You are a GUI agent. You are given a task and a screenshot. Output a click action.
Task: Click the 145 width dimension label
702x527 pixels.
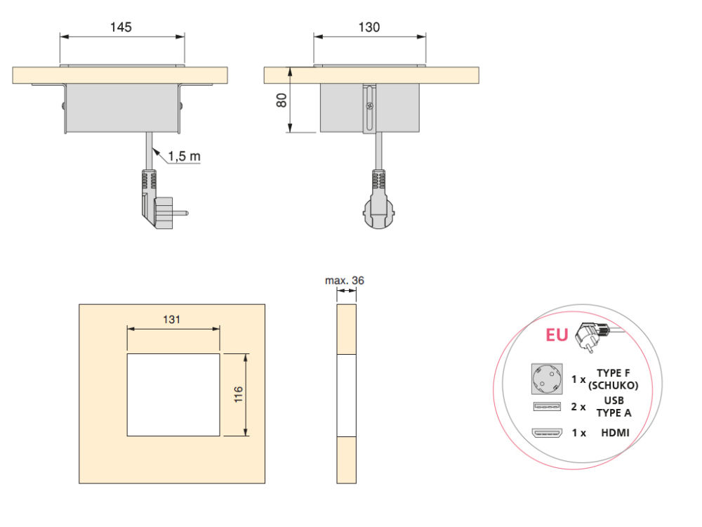(121, 27)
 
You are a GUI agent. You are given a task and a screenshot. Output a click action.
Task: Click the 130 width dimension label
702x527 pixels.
(369, 27)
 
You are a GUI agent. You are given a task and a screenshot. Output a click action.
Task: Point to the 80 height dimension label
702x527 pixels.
(282, 100)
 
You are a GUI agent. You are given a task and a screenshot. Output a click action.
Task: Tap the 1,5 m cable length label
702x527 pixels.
(184, 157)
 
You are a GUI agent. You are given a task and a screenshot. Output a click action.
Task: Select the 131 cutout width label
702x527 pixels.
(171, 320)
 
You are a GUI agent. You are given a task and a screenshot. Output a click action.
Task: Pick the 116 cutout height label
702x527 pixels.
(238, 394)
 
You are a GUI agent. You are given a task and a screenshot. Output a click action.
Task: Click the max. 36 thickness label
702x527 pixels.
(344, 280)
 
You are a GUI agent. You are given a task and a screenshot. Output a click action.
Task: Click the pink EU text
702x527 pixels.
(557, 334)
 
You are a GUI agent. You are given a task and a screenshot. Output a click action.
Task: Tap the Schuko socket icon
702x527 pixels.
(547, 379)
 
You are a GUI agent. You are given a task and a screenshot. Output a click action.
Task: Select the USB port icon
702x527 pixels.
(547, 406)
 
